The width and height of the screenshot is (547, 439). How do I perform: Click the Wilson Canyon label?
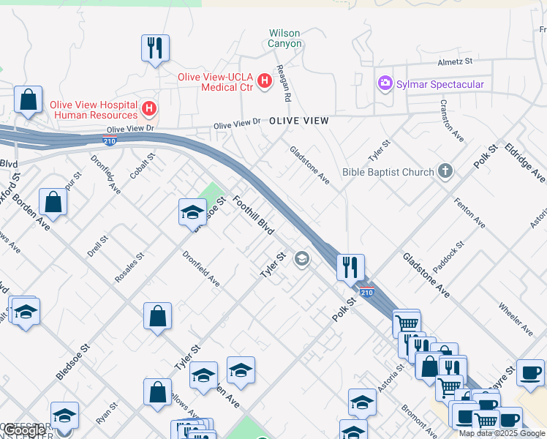tap(284, 38)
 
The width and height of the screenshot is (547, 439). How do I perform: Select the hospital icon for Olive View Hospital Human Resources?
tap(149, 110)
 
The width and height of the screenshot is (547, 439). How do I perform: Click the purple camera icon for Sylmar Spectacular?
tap(385, 84)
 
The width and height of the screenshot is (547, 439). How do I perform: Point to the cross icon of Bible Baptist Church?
tap(445, 173)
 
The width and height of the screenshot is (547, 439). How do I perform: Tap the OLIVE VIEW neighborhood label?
tap(298, 120)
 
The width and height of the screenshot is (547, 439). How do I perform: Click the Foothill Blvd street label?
tap(253, 214)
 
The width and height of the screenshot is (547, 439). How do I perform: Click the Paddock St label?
tap(449, 257)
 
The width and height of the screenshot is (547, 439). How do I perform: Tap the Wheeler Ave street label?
tap(514, 314)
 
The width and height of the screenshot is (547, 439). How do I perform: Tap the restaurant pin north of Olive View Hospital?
tap(155, 49)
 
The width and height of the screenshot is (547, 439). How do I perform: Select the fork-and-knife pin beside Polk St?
tap(350, 267)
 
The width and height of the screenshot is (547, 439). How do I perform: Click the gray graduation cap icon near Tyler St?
tap(301, 259)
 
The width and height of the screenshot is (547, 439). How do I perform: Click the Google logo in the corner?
tap(26, 430)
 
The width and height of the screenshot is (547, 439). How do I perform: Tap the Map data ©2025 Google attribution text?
tap(502, 433)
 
